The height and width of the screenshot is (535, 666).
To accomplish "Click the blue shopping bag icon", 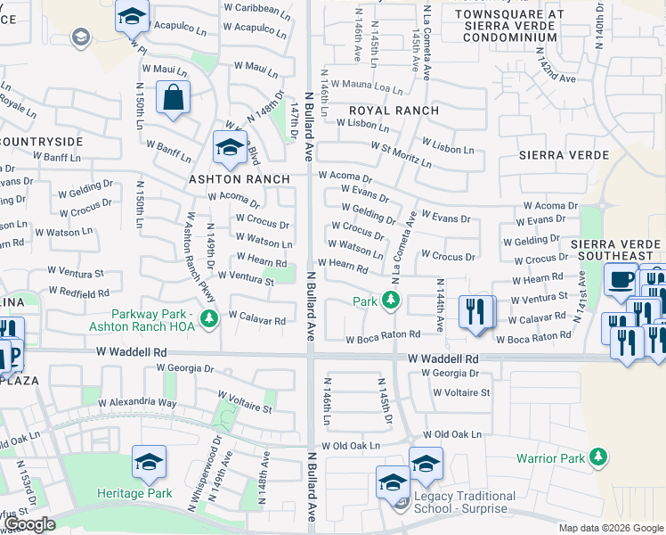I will (x=173, y=98).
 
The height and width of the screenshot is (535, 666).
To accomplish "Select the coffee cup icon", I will (x=620, y=280).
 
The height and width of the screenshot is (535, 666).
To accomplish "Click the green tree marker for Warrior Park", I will (x=599, y=458).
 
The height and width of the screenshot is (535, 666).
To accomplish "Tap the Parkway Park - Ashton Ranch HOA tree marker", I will (x=209, y=318).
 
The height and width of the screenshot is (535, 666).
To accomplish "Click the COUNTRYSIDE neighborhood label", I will (x=42, y=142).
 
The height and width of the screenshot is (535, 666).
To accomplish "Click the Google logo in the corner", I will (x=30, y=524).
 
